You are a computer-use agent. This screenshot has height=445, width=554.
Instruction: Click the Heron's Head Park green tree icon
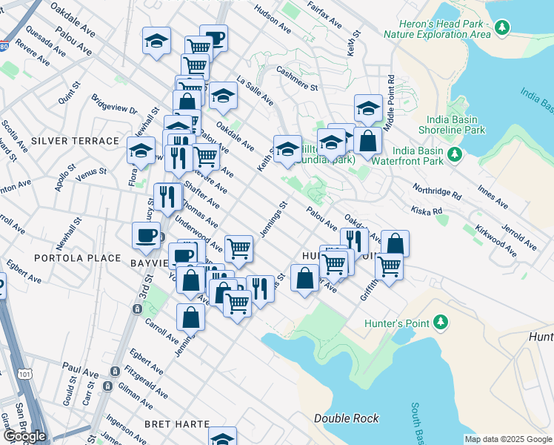coord(503,28)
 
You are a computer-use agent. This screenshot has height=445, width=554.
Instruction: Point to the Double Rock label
coord(347,418)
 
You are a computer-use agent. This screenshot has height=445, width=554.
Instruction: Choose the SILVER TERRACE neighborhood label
coord(75,141)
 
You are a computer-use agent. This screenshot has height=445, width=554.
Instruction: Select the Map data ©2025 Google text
coord(507,439)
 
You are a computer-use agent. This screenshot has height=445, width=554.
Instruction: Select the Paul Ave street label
coord(80,367)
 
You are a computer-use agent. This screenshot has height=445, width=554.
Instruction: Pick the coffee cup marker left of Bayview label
coord(146,235)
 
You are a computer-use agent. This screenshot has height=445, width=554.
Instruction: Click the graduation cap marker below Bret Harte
coord(222,438)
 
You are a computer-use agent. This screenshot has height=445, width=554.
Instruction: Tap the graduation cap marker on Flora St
coord(141,150)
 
